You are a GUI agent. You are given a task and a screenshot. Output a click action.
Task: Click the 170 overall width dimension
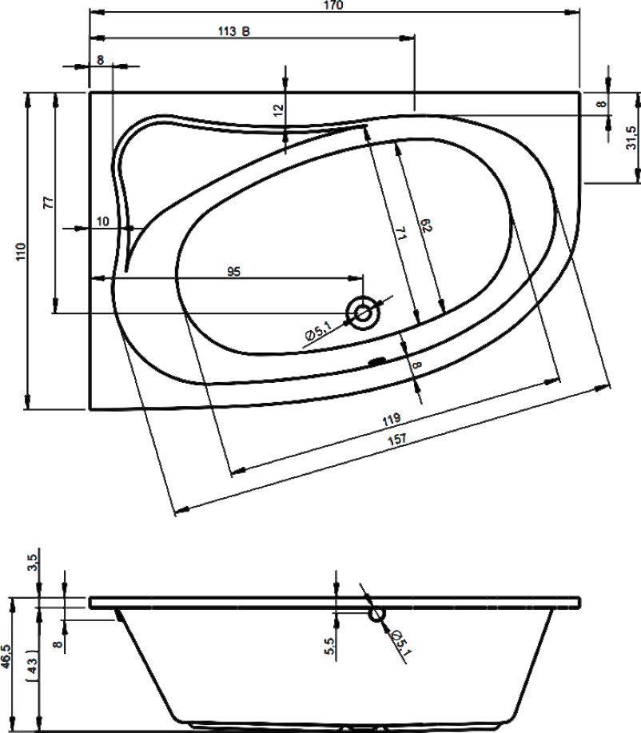click(x=333, y=5)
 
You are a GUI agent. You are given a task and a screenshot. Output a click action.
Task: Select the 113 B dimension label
click(x=233, y=31)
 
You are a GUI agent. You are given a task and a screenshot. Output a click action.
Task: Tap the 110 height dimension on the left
click(x=21, y=252)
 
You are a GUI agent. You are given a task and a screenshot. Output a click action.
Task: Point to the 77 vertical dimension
click(x=48, y=203)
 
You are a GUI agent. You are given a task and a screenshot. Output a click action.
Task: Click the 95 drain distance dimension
click(x=233, y=271)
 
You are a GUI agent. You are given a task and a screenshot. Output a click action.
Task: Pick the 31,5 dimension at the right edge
click(x=631, y=137)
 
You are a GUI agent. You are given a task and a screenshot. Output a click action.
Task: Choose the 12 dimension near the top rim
click(x=278, y=110)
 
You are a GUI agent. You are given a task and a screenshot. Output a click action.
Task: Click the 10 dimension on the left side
click(x=103, y=221)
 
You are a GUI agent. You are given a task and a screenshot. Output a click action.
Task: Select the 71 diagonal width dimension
click(x=401, y=233)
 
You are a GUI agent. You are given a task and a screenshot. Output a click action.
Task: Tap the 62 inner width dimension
click(x=426, y=225)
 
